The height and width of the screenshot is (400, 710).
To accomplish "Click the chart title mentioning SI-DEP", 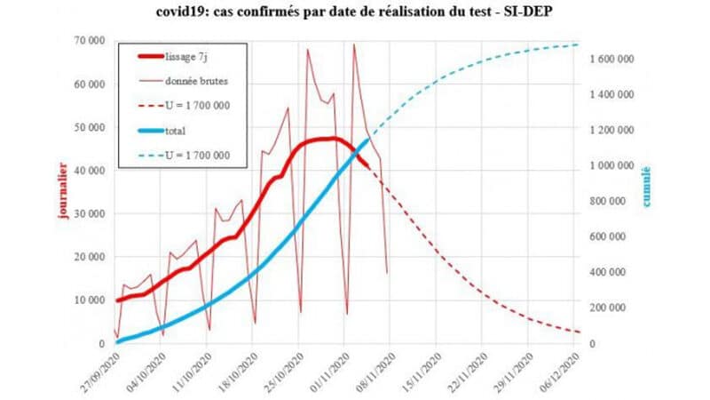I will [x=355, y=12].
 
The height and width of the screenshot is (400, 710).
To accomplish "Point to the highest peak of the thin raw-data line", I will [x=354, y=44].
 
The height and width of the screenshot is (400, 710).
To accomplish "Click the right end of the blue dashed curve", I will [x=578, y=44].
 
